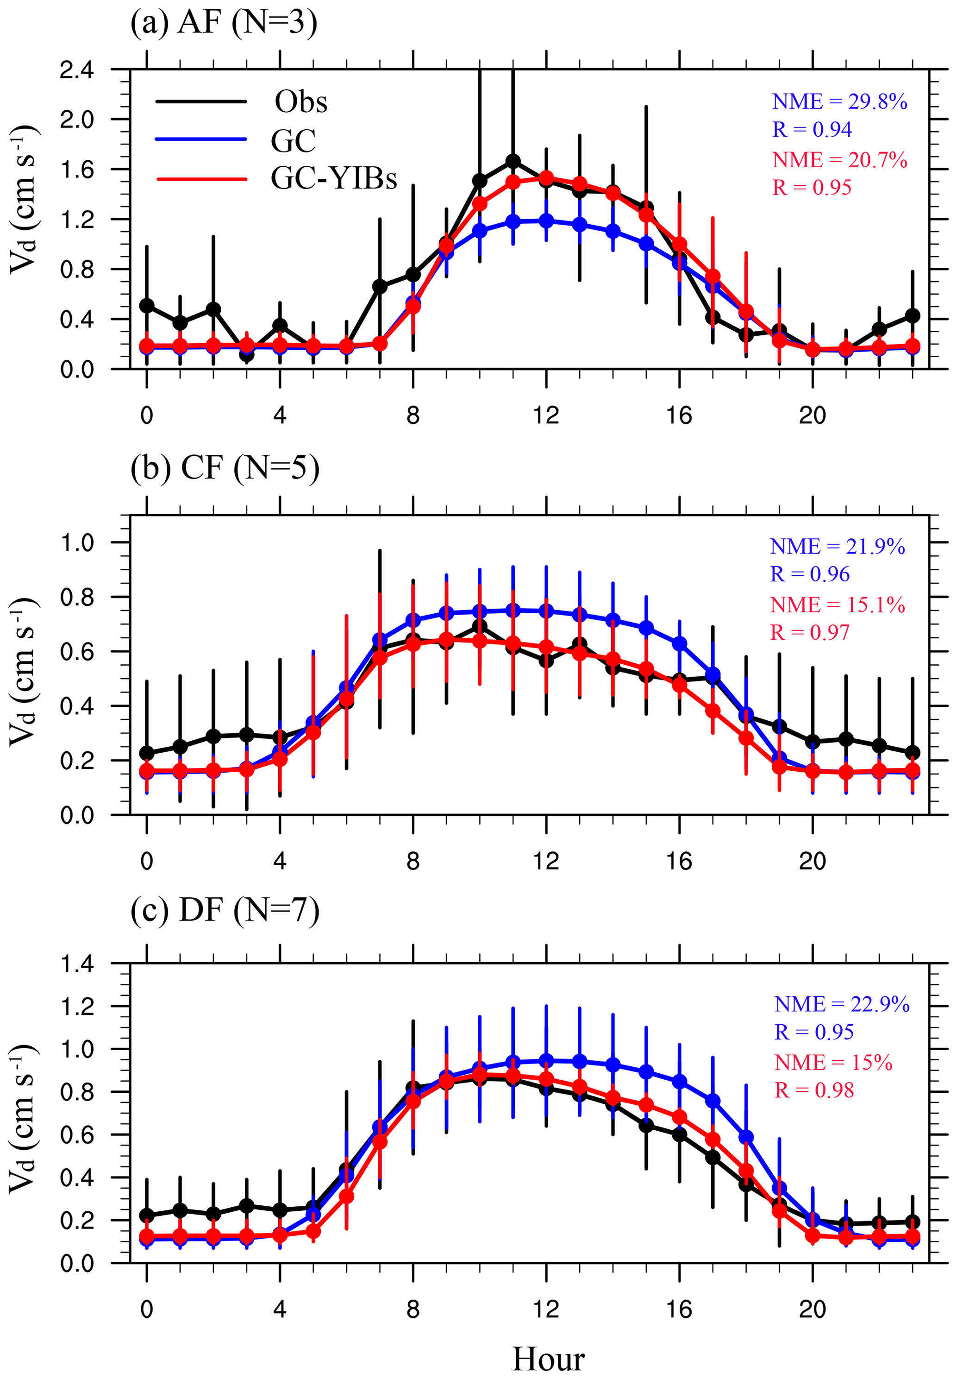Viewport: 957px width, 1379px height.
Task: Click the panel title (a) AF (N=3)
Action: point(223,25)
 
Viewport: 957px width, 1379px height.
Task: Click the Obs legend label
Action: point(301,102)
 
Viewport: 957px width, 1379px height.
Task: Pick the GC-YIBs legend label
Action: point(334,178)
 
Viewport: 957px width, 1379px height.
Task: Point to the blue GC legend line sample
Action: point(201,139)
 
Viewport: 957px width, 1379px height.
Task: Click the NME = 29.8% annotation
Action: point(839,102)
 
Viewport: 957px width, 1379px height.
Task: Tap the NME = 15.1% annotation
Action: point(837,604)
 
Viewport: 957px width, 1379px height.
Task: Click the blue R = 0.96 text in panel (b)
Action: point(809,574)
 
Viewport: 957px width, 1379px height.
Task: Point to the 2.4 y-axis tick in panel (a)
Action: point(77,71)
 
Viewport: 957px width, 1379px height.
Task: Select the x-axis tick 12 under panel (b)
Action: point(546,862)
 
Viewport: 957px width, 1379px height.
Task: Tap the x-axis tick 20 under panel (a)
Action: point(812,416)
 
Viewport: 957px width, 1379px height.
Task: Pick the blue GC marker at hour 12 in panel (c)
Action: point(546,1060)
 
